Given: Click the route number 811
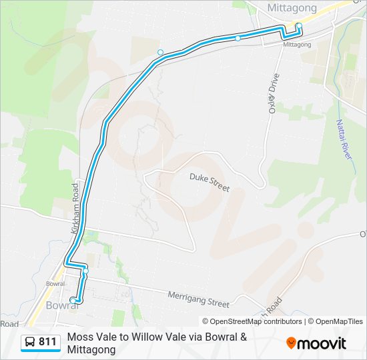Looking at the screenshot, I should [47, 342].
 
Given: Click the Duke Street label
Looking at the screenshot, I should [209, 183].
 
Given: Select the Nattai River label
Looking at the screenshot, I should [344, 138].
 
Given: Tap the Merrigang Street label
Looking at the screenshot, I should [198, 299].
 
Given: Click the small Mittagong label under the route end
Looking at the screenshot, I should [297, 45].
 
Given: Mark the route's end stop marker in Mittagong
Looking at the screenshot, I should [299, 26].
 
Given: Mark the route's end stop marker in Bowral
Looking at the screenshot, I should [73, 300].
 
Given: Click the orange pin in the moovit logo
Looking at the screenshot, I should [291, 343].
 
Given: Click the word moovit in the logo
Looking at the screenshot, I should [322, 343].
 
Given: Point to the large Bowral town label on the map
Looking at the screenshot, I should [63, 306].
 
